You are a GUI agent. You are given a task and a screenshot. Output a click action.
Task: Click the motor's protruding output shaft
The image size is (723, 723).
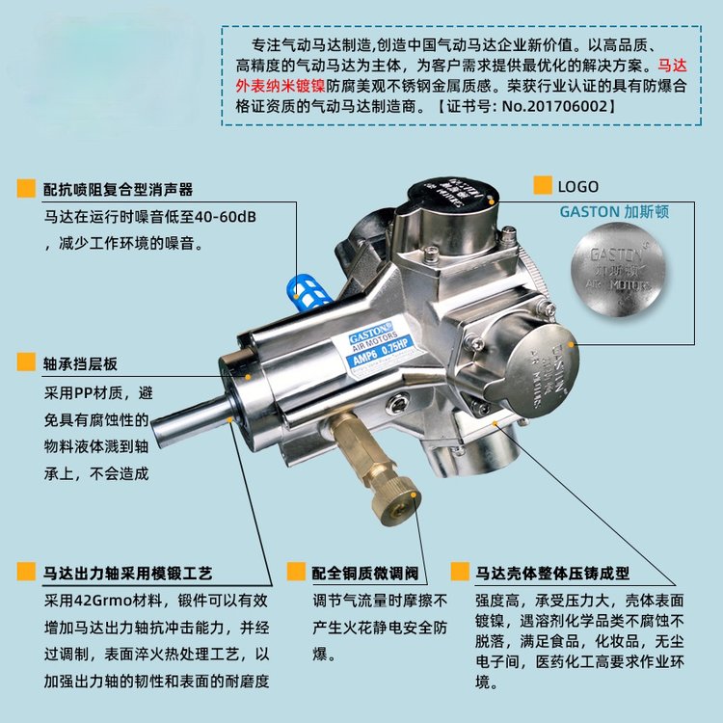click(194, 420)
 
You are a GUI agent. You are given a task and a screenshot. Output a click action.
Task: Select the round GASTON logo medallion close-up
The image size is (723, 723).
click(618, 270)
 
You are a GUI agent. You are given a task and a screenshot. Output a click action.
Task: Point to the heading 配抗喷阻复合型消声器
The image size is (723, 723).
click(118, 190)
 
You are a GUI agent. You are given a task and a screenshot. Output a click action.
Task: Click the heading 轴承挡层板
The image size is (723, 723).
click(80, 363)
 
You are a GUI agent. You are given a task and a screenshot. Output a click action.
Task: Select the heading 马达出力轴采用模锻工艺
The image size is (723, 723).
click(127, 574)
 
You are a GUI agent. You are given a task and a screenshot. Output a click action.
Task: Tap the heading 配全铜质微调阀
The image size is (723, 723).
click(365, 574)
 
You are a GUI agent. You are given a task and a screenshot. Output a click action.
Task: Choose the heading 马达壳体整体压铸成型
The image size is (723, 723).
click(552, 574)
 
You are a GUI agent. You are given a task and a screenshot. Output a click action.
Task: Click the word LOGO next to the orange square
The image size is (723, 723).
click(578, 187)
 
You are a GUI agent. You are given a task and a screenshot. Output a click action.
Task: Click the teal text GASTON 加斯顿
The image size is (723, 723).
click(614, 212)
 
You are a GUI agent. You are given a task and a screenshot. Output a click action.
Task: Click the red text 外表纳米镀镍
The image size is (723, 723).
click(281, 86)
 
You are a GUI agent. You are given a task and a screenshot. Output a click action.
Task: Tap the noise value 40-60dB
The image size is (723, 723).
click(225, 216)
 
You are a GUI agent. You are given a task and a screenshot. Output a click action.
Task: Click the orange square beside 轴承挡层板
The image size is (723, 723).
click(26, 361)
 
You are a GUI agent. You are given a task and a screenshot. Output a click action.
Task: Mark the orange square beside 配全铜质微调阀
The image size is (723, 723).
click(296, 572)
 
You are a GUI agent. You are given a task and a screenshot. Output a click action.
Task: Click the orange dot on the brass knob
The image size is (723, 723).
click(414, 495)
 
